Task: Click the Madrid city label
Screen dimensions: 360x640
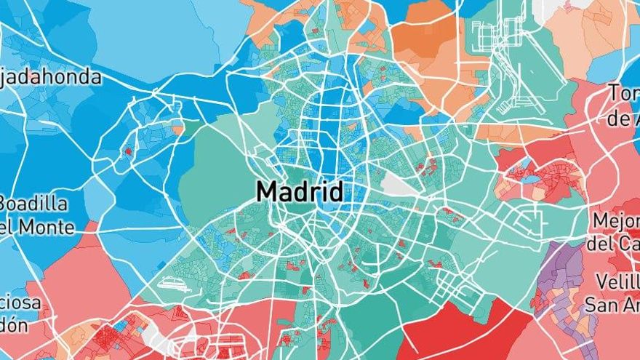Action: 300,192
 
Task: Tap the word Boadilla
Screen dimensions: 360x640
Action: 35,204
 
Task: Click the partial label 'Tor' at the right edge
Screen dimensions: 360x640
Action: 624,94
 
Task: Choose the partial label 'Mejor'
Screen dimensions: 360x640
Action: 615,220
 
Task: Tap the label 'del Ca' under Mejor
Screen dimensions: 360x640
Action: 613,243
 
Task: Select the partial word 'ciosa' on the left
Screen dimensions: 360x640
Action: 20,303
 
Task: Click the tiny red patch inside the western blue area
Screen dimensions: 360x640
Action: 129,151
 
